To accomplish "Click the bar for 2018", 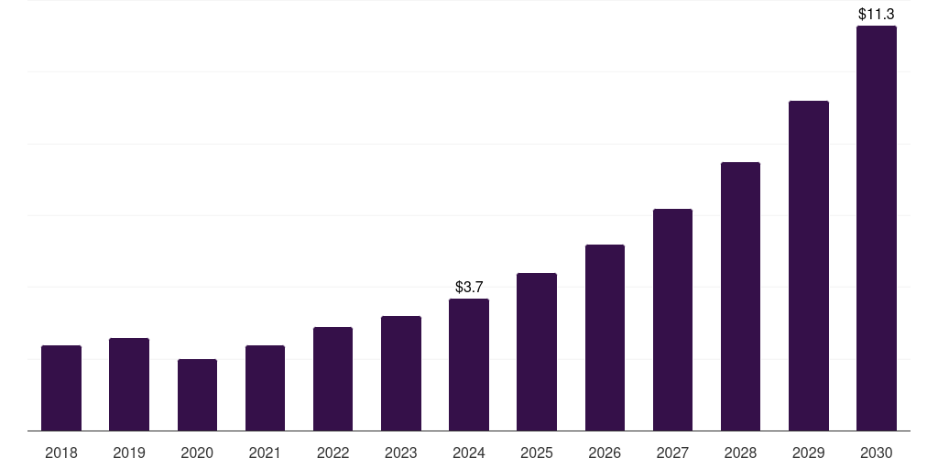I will [x=61, y=388].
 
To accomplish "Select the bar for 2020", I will [x=197, y=395].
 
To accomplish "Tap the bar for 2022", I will [x=333, y=379].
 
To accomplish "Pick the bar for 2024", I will [x=469, y=365].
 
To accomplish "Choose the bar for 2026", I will [x=605, y=338].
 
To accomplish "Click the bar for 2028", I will [x=740, y=297].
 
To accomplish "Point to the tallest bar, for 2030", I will [x=876, y=228].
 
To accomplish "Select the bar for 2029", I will [x=808, y=266].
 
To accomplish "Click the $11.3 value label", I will [x=876, y=15].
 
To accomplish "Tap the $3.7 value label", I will [x=469, y=288].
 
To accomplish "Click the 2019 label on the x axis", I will [x=129, y=453].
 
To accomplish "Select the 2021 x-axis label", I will [x=265, y=453].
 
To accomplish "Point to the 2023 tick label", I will [x=401, y=453].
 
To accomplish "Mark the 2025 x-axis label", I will [x=537, y=453].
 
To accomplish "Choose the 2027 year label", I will [x=672, y=453].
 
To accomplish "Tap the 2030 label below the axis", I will [x=876, y=453].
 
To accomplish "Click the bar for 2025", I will [x=537, y=352].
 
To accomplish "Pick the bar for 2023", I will [x=401, y=374].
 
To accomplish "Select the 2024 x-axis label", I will [x=469, y=453].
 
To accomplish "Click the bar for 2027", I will [x=672, y=320].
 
